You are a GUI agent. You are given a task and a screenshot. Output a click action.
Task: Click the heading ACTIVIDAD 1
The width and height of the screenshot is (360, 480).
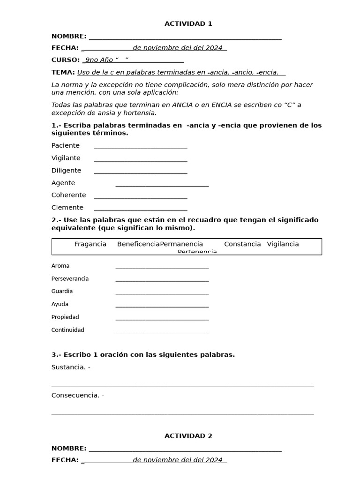[x=188, y=24]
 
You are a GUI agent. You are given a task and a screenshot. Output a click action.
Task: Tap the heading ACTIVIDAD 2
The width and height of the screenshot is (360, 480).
[x=188, y=436]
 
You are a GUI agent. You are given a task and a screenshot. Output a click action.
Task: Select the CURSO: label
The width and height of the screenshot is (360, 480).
[x=65, y=60]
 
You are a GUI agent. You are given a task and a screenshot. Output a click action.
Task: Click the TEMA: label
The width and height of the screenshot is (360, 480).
[x=63, y=72]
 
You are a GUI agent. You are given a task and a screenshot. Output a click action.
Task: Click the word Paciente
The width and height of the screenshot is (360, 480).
[x=66, y=145]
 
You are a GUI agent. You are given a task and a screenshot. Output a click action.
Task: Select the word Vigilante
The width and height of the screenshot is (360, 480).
[x=66, y=158]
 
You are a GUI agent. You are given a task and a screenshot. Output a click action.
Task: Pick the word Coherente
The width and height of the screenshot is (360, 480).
[x=69, y=195]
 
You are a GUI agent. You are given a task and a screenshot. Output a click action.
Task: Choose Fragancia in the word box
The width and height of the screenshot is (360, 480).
[x=90, y=244]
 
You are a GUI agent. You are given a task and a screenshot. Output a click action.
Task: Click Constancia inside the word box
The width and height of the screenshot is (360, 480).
[x=242, y=244]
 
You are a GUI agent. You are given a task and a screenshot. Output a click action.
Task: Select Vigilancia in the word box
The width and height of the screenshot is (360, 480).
[x=283, y=244]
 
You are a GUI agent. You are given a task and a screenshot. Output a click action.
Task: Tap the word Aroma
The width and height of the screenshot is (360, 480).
[x=60, y=266]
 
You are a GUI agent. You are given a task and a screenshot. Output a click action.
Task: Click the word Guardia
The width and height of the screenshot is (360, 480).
[x=62, y=291]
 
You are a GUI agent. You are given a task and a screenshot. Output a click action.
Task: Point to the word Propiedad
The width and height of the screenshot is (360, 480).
[x=65, y=317]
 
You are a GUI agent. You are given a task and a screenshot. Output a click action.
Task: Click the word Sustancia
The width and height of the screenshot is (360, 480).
[x=68, y=367]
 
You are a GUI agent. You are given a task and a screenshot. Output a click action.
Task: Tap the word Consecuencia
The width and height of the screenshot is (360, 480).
[x=75, y=395]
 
